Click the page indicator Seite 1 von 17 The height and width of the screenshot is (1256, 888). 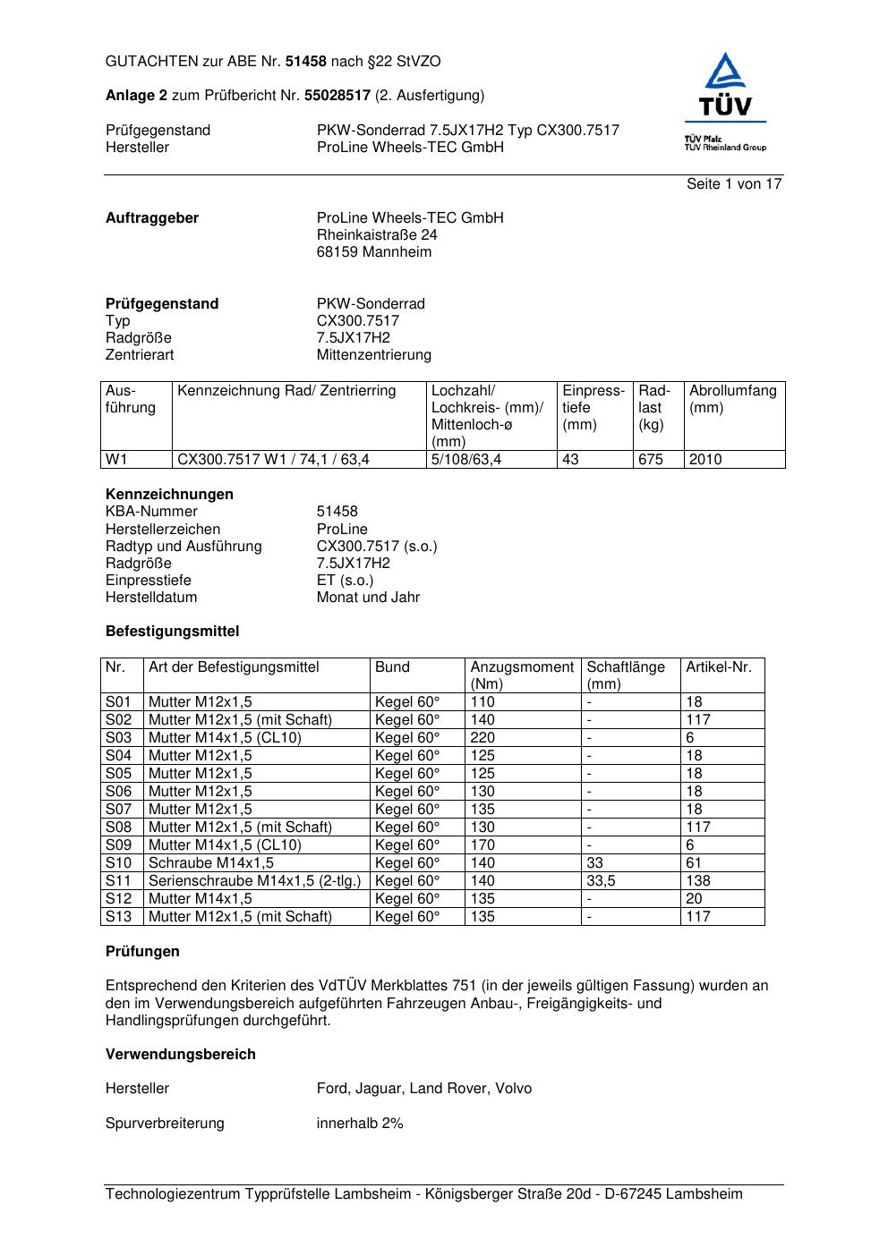pyautogui.click(x=734, y=183)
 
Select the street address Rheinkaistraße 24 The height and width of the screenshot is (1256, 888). pyautogui.click(x=377, y=234)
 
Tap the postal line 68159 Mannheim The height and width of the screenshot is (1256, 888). pyautogui.click(x=373, y=251)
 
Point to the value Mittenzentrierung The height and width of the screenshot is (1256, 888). pyautogui.click(x=373, y=354)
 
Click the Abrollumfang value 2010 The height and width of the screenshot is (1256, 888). pyautogui.click(x=705, y=459)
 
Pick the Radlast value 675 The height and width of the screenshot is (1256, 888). pyautogui.click(x=651, y=459)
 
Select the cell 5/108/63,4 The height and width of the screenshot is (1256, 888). pyautogui.click(x=466, y=459)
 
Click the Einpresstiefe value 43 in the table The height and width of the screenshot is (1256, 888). pyautogui.click(x=570, y=459)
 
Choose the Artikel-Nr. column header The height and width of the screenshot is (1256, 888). pyautogui.click(x=719, y=666)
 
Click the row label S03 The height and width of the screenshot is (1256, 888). pyautogui.click(x=118, y=737)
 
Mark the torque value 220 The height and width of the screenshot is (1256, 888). pyautogui.click(x=482, y=737)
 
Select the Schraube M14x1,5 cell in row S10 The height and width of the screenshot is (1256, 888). pyautogui.click(x=211, y=862)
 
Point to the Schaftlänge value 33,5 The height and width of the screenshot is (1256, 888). pyautogui.click(x=603, y=880)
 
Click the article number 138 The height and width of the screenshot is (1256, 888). pyautogui.click(x=698, y=880)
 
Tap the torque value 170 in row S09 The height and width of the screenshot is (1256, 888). pyautogui.click(x=482, y=844)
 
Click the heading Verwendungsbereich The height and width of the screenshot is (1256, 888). pyautogui.click(x=181, y=1054)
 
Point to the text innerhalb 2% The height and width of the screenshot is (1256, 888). pyautogui.click(x=360, y=1123)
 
